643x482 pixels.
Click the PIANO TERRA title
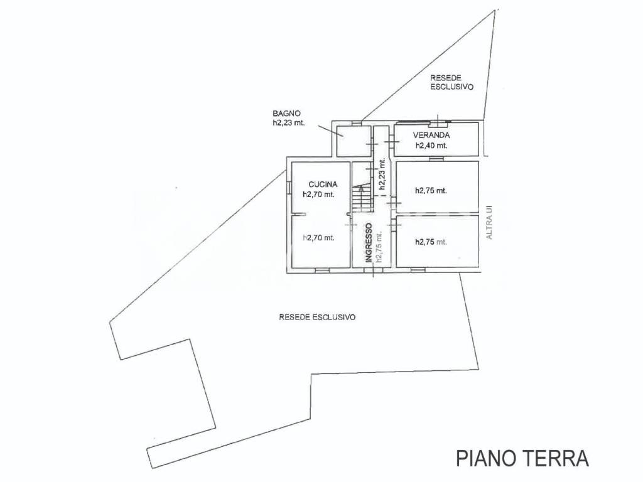tap(522, 458)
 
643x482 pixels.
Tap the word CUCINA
tap(323, 185)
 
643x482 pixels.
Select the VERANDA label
tap(431, 136)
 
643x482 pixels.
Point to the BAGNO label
tap(286, 114)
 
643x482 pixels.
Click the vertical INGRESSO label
tap(369, 242)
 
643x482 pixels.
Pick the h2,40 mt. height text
tap(431, 146)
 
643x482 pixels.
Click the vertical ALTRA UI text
tap(489, 222)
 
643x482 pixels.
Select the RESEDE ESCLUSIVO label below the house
tap(317, 317)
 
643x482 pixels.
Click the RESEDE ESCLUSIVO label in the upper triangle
tap(452, 82)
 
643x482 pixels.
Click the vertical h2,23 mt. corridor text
tap(382, 174)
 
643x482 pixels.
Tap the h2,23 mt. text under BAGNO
tap(289, 122)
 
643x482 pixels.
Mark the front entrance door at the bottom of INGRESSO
tap(373, 270)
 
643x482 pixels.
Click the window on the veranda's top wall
tap(438, 121)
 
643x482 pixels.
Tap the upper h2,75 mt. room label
tap(431, 191)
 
